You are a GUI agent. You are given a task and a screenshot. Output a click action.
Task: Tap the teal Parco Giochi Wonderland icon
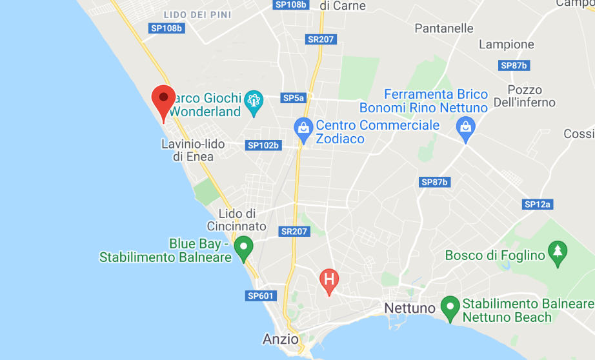click(x=253, y=101)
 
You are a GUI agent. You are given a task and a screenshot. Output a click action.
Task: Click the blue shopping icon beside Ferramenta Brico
click(x=465, y=128)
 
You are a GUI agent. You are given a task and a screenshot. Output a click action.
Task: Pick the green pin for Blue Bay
click(x=243, y=247)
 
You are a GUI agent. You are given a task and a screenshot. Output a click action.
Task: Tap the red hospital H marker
click(x=329, y=279)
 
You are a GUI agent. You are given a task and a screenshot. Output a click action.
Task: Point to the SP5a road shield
click(x=293, y=98)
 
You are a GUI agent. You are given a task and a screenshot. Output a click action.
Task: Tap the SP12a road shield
click(x=538, y=205)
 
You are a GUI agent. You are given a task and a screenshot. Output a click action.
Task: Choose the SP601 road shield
click(x=261, y=296)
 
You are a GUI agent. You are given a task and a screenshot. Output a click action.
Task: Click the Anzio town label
click(x=281, y=339)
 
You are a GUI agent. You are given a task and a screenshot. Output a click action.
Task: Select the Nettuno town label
click(x=410, y=308)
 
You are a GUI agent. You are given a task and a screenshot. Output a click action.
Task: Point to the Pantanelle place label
click(x=444, y=28)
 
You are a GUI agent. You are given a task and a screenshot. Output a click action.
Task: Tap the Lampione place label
click(x=507, y=45)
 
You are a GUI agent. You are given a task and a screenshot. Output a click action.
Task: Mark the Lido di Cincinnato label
click(x=237, y=220)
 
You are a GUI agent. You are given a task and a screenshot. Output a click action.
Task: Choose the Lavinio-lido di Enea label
click(x=193, y=150)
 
